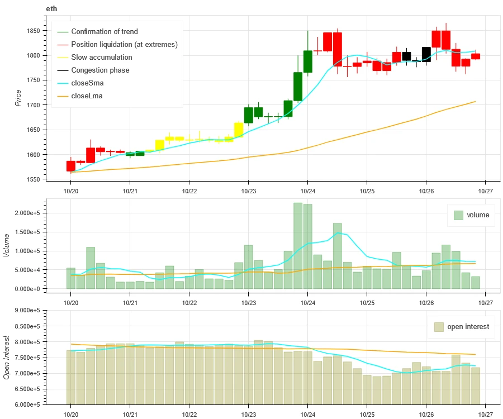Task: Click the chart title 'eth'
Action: click(51, 9)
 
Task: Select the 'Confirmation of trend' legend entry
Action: click(104, 32)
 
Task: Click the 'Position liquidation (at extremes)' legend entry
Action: click(124, 45)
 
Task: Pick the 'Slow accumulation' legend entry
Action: click(102, 58)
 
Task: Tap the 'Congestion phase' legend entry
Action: click(100, 70)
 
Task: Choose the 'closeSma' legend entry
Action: click(87, 83)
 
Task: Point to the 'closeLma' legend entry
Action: click(87, 96)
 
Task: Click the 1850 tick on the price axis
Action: click(35, 31)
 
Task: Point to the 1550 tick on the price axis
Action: click(35, 179)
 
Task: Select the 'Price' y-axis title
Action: click(18, 98)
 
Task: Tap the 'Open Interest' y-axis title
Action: click(7, 358)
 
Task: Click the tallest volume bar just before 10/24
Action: click(298, 246)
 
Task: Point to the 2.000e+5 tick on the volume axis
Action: click(29, 213)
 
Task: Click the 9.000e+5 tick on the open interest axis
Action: click(29, 311)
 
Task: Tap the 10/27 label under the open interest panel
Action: click(485, 414)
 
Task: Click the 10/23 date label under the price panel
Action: click(248, 190)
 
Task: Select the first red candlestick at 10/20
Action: click(71, 166)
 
